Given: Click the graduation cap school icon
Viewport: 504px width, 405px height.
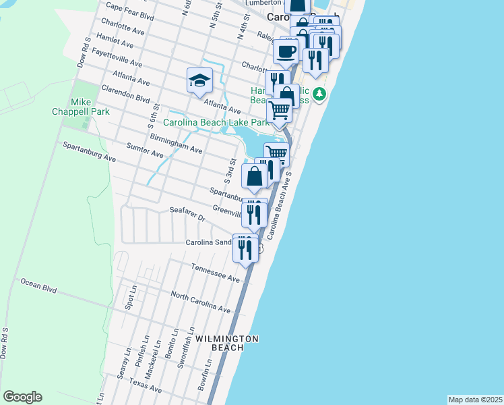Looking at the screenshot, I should point(199,81).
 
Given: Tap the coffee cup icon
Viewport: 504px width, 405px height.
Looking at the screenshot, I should point(286,51).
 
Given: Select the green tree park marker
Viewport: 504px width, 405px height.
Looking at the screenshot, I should point(321,93).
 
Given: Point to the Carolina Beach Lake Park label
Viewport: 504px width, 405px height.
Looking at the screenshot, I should point(216,122).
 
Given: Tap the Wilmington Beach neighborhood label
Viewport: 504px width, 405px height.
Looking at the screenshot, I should point(226,342).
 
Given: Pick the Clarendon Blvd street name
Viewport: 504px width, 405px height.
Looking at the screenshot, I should point(125,93).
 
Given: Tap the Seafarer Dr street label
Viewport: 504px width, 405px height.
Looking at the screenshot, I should point(187,215).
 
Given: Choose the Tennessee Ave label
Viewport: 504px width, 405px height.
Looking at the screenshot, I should point(215,273).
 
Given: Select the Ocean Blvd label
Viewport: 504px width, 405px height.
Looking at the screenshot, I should point(38,286).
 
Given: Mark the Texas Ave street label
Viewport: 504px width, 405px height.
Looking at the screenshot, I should point(146,386).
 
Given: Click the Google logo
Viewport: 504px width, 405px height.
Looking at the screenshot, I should point(22,397).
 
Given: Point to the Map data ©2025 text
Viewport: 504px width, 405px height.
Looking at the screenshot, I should point(474,400).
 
